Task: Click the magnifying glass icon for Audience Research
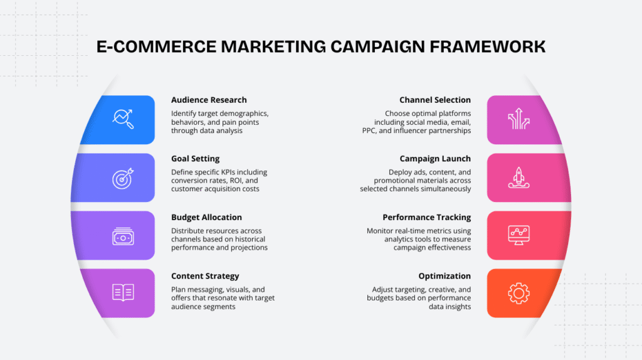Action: tap(123, 119)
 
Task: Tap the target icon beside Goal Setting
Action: tap(123, 178)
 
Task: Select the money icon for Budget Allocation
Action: tap(123, 236)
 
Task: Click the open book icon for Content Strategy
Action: tap(123, 292)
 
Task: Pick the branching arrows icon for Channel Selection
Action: tap(518, 119)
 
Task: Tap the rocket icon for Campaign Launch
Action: tap(518, 178)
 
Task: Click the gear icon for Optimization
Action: tap(518, 292)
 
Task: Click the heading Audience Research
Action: tap(209, 100)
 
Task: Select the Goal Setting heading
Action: tap(195, 159)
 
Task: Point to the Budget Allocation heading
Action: tap(206, 217)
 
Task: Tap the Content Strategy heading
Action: tap(205, 276)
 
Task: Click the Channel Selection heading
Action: tap(435, 100)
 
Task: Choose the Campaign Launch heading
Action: tap(435, 159)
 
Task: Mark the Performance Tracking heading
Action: tap(426, 217)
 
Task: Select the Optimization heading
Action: tap(445, 276)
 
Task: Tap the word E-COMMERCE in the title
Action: tap(150, 47)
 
